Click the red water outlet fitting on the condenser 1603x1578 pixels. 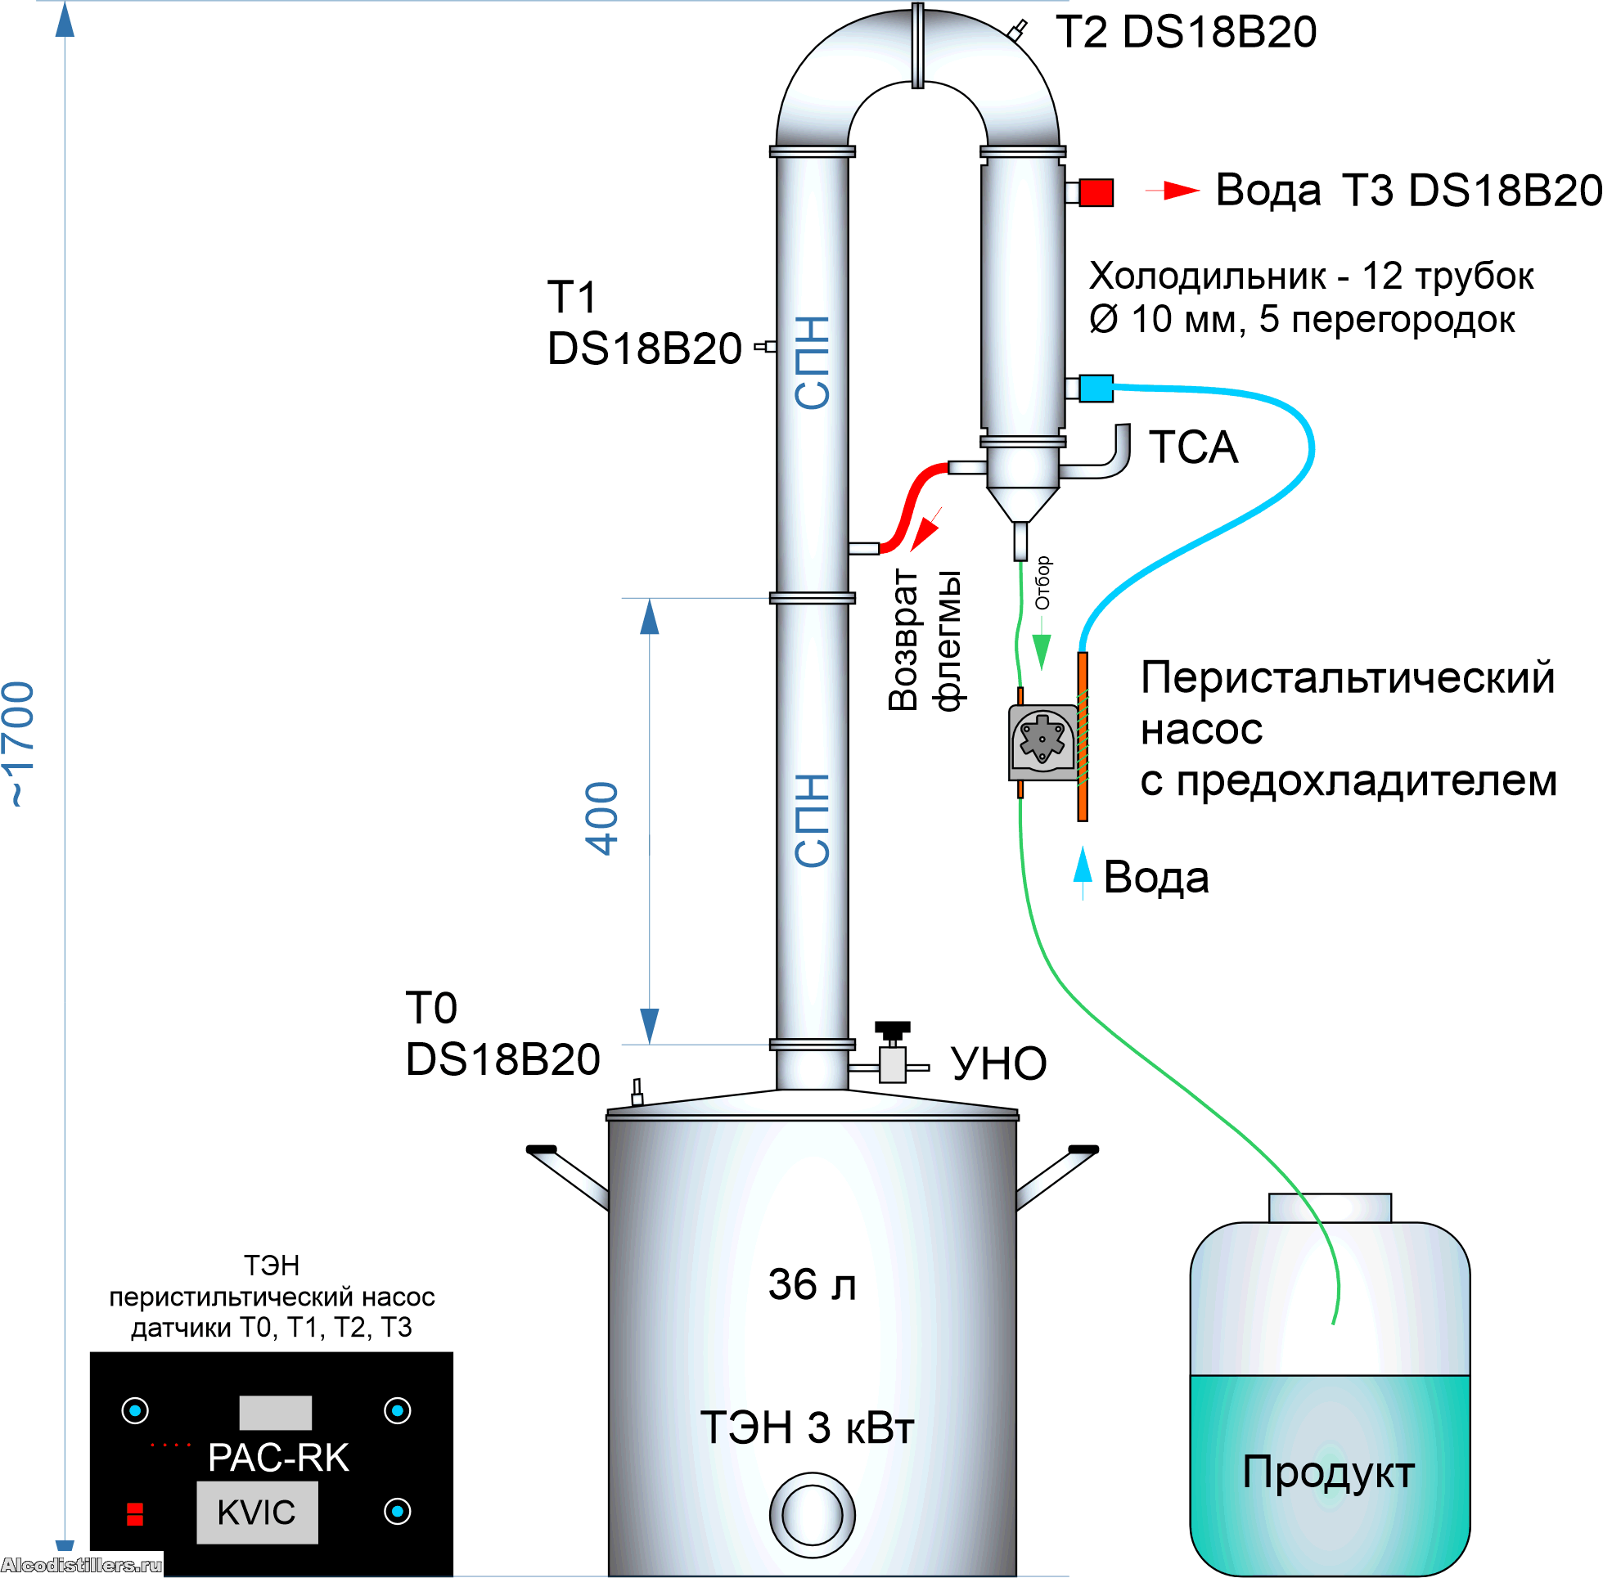point(1095,192)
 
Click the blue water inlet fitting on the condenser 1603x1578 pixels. point(1095,388)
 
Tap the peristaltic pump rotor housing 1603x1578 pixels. point(1042,740)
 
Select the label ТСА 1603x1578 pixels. point(1193,448)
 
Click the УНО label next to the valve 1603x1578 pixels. point(998,1064)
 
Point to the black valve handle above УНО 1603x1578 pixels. point(893,1028)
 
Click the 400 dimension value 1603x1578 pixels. point(602,818)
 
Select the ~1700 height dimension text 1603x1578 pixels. point(20,744)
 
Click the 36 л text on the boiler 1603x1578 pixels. point(812,1284)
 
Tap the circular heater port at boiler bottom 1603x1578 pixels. point(812,1515)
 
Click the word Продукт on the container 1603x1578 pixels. point(1328,1472)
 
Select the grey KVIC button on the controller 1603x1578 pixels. point(257,1513)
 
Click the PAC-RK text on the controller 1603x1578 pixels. point(278,1458)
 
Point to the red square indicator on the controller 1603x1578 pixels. point(135,1513)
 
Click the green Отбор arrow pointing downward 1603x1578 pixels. point(1041,649)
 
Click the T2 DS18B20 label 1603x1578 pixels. point(1186,34)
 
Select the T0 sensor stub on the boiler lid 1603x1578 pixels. point(637,1092)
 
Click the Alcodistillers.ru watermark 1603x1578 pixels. point(81,1565)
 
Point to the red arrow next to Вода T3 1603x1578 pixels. point(1177,191)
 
